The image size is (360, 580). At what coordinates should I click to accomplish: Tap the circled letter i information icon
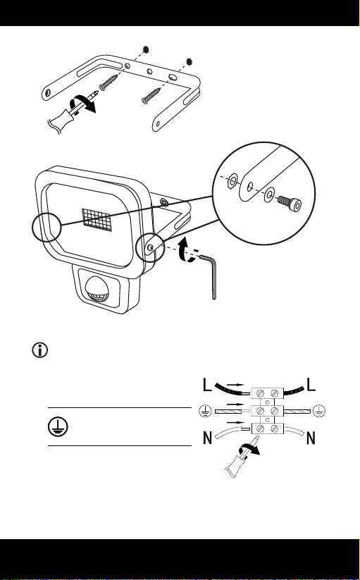pyautogui.click(x=40, y=350)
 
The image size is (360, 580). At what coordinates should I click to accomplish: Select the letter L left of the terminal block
pyautogui.click(x=208, y=385)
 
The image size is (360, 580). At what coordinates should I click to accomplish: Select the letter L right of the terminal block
pyautogui.click(x=311, y=385)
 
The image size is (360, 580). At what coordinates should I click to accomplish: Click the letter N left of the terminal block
pyautogui.click(x=208, y=438)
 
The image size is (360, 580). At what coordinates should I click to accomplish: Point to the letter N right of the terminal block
pyautogui.click(x=311, y=438)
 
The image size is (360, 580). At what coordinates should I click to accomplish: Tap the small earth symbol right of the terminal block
pyautogui.click(x=320, y=411)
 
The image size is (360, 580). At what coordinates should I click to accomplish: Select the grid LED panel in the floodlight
pyautogui.click(x=97, y=219)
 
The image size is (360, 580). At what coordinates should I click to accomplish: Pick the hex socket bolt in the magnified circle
pyautogui.click(x=289, y=202)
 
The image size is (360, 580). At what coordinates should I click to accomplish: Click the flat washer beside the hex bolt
pyautogui.click(x=268, y=195)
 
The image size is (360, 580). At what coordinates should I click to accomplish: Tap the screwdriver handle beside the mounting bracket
pyautogui.click(x=63, y=118)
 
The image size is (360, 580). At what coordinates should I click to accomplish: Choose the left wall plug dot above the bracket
pyautogui.click(x=146, y=49)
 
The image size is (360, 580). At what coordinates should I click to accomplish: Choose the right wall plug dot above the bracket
pyautogui.click(x=190, y=61)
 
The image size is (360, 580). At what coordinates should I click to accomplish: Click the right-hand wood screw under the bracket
pyautogui.click(x=151, y=95)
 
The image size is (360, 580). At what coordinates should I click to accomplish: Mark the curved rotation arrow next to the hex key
pyautogui.click(x=186, y=250)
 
